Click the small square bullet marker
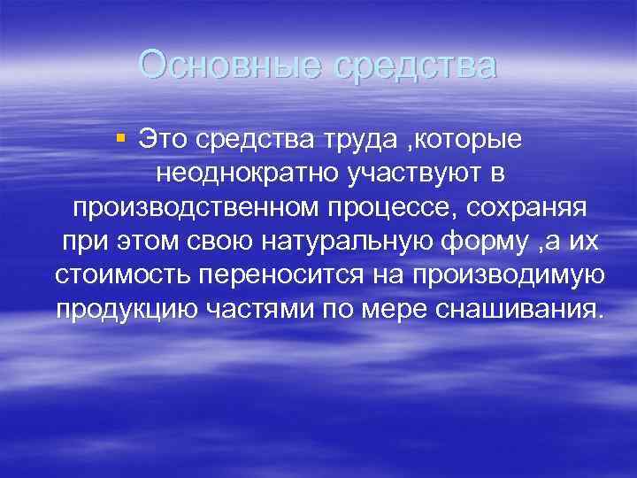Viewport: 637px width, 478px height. [x=121, y=136]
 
